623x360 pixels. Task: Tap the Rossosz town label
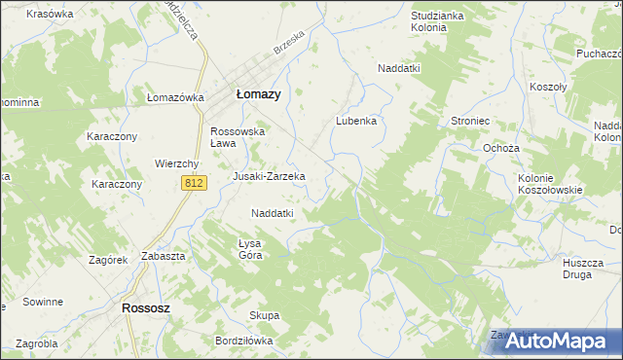point(148,307)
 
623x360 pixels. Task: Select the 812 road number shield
point(194,183)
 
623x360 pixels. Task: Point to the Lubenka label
point(356,122)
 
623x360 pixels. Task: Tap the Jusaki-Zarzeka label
point(269,176)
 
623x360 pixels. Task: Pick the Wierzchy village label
point(177,163)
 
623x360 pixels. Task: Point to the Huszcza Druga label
point(583,269)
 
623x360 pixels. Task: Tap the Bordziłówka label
point(244,342)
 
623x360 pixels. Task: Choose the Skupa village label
point(265,315)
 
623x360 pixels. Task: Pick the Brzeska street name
point(289,46)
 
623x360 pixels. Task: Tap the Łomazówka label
point(174,97)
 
